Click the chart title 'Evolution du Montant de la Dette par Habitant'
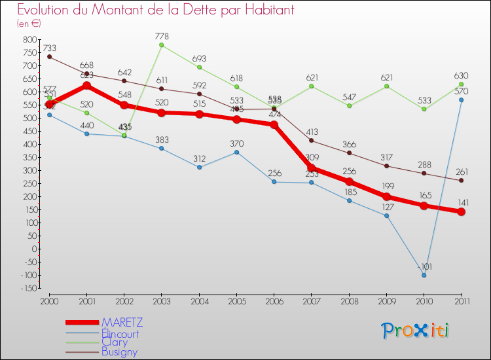point(155,10)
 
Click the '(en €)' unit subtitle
point(29,24)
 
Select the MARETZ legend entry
point(122,323)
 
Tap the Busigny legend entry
point(119,351)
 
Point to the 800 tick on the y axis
point(31,40)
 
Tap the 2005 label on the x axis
point(237,300)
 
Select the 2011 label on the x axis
point(461,300)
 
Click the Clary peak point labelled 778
point(162,45)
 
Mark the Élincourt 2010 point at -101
point(424,275)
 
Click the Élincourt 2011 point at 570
point(461,99)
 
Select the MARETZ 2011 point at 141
point(461,211)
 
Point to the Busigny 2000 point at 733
point(49,57)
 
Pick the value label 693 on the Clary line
point(199,59)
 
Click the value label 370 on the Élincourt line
point(237,143)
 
